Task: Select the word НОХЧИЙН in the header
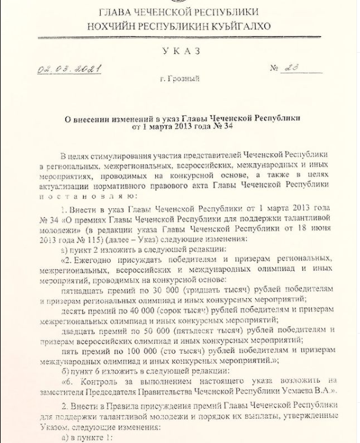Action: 112,26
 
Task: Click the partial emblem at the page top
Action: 178,2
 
